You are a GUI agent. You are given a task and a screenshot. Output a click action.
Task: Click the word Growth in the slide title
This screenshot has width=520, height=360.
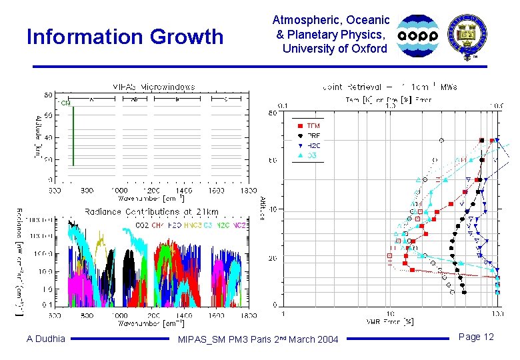pos(187,37)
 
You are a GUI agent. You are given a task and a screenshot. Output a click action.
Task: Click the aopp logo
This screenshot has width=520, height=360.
pos(418,35)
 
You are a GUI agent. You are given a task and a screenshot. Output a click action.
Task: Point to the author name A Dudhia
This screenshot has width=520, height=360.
pos(46,338)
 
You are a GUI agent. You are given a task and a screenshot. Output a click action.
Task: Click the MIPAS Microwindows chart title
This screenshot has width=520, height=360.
pos(154,86)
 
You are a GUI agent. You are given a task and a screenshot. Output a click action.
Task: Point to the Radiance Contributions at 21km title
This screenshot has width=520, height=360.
pos(151,211)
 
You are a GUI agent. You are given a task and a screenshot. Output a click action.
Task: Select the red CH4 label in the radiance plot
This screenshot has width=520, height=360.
pos(157,225)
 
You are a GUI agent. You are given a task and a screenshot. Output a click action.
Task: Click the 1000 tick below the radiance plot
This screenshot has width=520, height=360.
pos(119,315)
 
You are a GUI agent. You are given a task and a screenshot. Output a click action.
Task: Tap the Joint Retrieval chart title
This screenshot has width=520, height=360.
pos(391,87)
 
